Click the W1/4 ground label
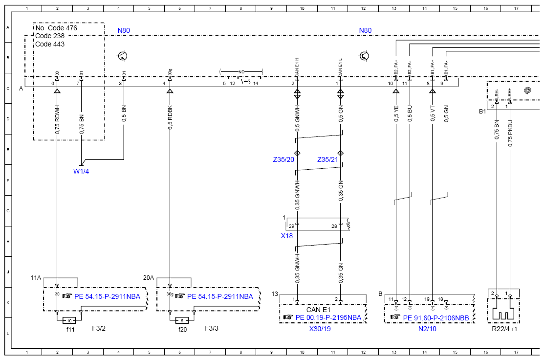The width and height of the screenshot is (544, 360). coord(81,171)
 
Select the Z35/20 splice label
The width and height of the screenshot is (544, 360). coord(283,160)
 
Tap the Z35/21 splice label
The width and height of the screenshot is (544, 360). coord(328,160)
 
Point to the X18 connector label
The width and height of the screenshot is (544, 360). coord(286,235)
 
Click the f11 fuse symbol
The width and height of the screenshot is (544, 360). coord(69,320)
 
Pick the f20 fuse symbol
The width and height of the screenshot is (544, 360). coord(182,320)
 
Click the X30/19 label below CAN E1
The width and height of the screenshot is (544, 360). coord(320,329)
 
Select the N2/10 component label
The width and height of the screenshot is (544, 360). coord(428,329)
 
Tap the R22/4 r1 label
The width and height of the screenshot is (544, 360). coord(504,329)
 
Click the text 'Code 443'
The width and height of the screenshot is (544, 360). coord(50,44)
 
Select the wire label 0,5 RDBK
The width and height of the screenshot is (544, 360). coord(170,118)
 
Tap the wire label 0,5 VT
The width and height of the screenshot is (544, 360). coord(433,113)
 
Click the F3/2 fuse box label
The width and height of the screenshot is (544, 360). coord(98,328)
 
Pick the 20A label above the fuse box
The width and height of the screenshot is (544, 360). coord(149,277)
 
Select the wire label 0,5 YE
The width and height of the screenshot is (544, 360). coord(396,113)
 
